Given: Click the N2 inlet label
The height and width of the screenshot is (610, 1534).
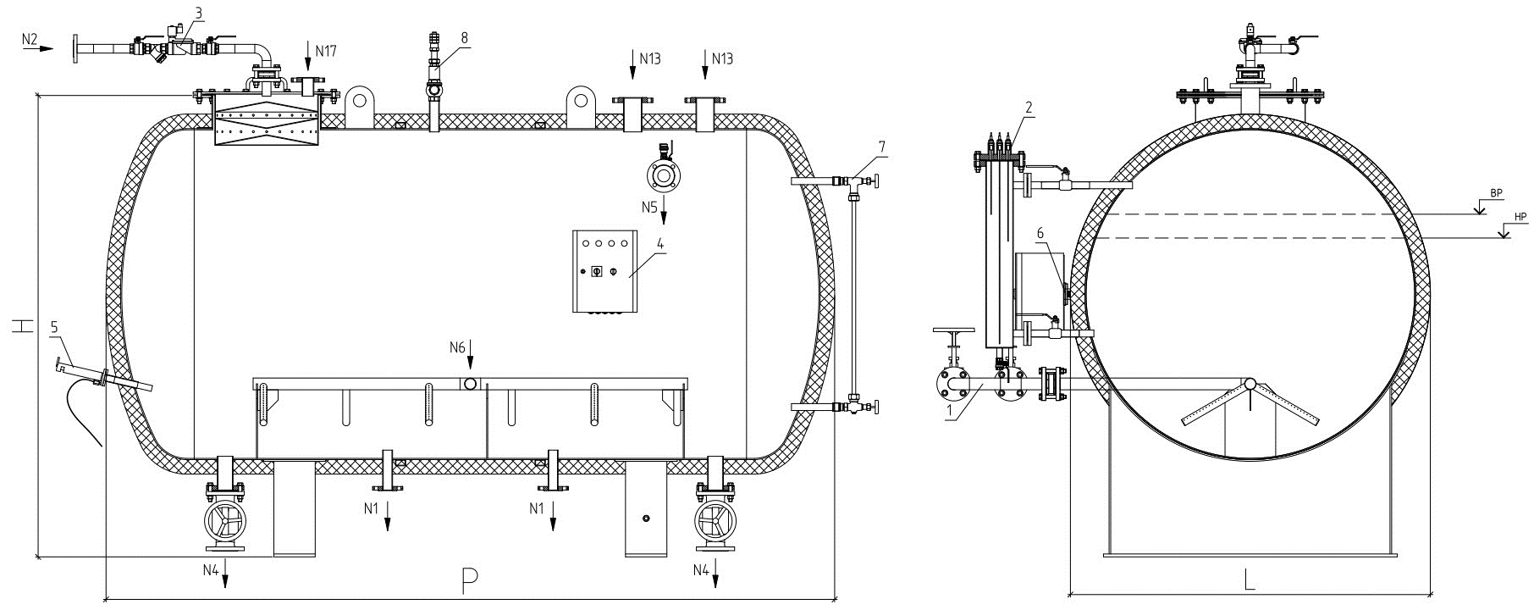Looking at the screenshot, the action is tap(29, 39).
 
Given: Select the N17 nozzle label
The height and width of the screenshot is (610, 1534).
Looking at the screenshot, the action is tap(326, 51).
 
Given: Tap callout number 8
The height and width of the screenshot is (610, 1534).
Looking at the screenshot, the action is tap(464, 37).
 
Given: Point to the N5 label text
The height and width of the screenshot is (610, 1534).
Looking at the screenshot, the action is tap(649, 207).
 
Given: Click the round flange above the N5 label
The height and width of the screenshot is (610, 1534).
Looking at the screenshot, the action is tap(663, 175).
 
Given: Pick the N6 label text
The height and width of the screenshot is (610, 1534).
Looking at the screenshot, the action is tap(458, 347).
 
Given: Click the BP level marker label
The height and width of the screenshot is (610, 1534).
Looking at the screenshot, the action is tap(1496, 194).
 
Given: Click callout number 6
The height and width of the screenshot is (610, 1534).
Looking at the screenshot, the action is tap(1040, 233).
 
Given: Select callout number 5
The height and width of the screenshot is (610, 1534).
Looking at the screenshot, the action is tap(54, 326).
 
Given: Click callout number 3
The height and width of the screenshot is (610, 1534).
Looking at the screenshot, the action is tap(198, 14).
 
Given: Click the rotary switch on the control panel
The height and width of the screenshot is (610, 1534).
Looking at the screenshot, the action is tap(594, 273).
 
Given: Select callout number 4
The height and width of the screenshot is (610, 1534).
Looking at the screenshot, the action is tap(661, 245).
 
